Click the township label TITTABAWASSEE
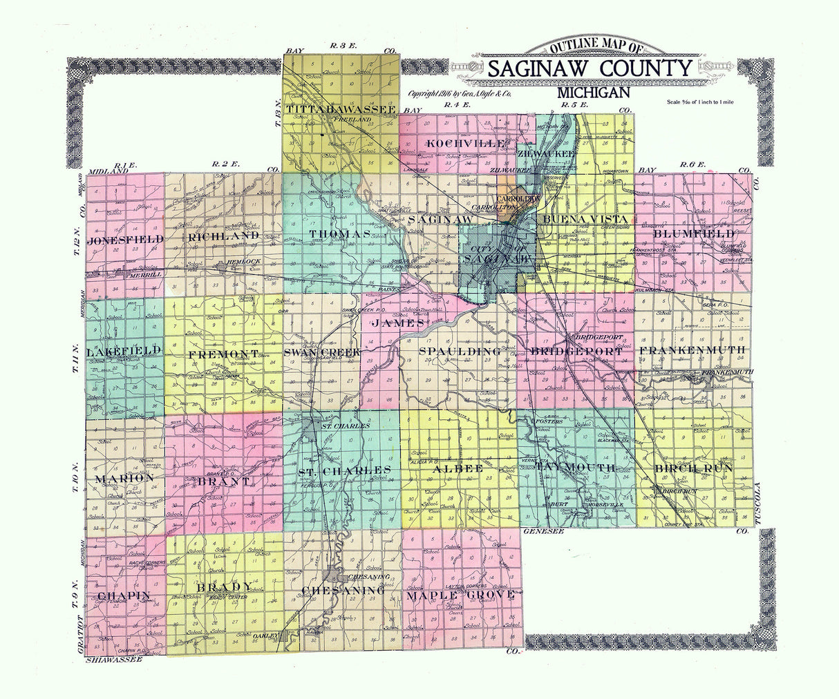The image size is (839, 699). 341,110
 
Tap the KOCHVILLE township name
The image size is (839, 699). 456,143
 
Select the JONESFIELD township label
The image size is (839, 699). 126,239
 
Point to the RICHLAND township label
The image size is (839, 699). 223,236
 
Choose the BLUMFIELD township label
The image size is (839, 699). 693,234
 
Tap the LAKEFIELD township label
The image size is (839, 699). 124,351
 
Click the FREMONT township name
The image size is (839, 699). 223,354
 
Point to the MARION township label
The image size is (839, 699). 124,478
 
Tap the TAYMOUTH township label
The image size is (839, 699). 575,468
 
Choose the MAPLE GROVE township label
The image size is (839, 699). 460,594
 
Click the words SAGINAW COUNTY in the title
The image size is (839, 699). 590,68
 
